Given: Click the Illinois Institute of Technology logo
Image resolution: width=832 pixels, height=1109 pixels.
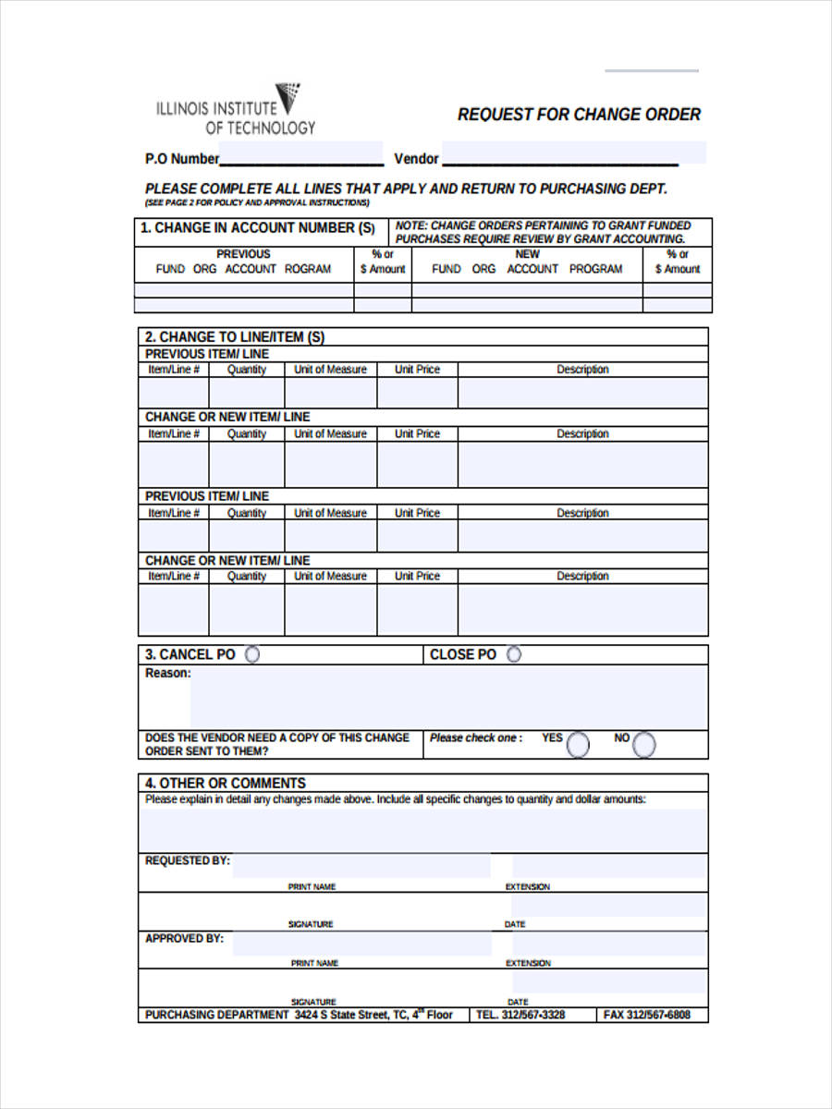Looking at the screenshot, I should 237,109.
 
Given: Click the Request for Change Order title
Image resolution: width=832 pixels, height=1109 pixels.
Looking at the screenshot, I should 579,115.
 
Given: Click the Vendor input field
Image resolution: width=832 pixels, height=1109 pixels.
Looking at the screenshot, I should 573,154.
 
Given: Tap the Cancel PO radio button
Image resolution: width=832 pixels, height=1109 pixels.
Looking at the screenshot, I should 251,654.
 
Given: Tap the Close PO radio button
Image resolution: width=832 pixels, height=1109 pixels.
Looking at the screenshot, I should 514,654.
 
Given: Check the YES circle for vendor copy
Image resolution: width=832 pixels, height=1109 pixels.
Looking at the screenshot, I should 578,744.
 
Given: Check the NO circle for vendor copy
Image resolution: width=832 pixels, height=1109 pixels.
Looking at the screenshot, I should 644,744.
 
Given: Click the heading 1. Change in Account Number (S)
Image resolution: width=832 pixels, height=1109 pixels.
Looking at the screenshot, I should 258,228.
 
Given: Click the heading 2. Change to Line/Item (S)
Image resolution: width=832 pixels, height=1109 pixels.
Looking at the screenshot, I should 235,337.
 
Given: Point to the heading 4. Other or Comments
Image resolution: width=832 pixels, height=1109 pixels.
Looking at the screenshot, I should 225,783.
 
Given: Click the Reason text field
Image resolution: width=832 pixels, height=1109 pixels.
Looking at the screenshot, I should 448,698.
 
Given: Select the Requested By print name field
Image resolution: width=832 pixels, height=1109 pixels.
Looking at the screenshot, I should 361,866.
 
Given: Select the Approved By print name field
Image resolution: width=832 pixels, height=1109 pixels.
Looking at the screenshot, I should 361,944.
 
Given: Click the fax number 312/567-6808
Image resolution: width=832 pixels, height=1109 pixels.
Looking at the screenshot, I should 647,1015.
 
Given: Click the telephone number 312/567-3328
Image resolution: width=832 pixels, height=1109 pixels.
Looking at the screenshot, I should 520,1015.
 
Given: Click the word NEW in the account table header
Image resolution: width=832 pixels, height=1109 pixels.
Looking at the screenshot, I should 527,254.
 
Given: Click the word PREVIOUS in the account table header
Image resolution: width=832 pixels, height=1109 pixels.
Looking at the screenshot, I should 243,254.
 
